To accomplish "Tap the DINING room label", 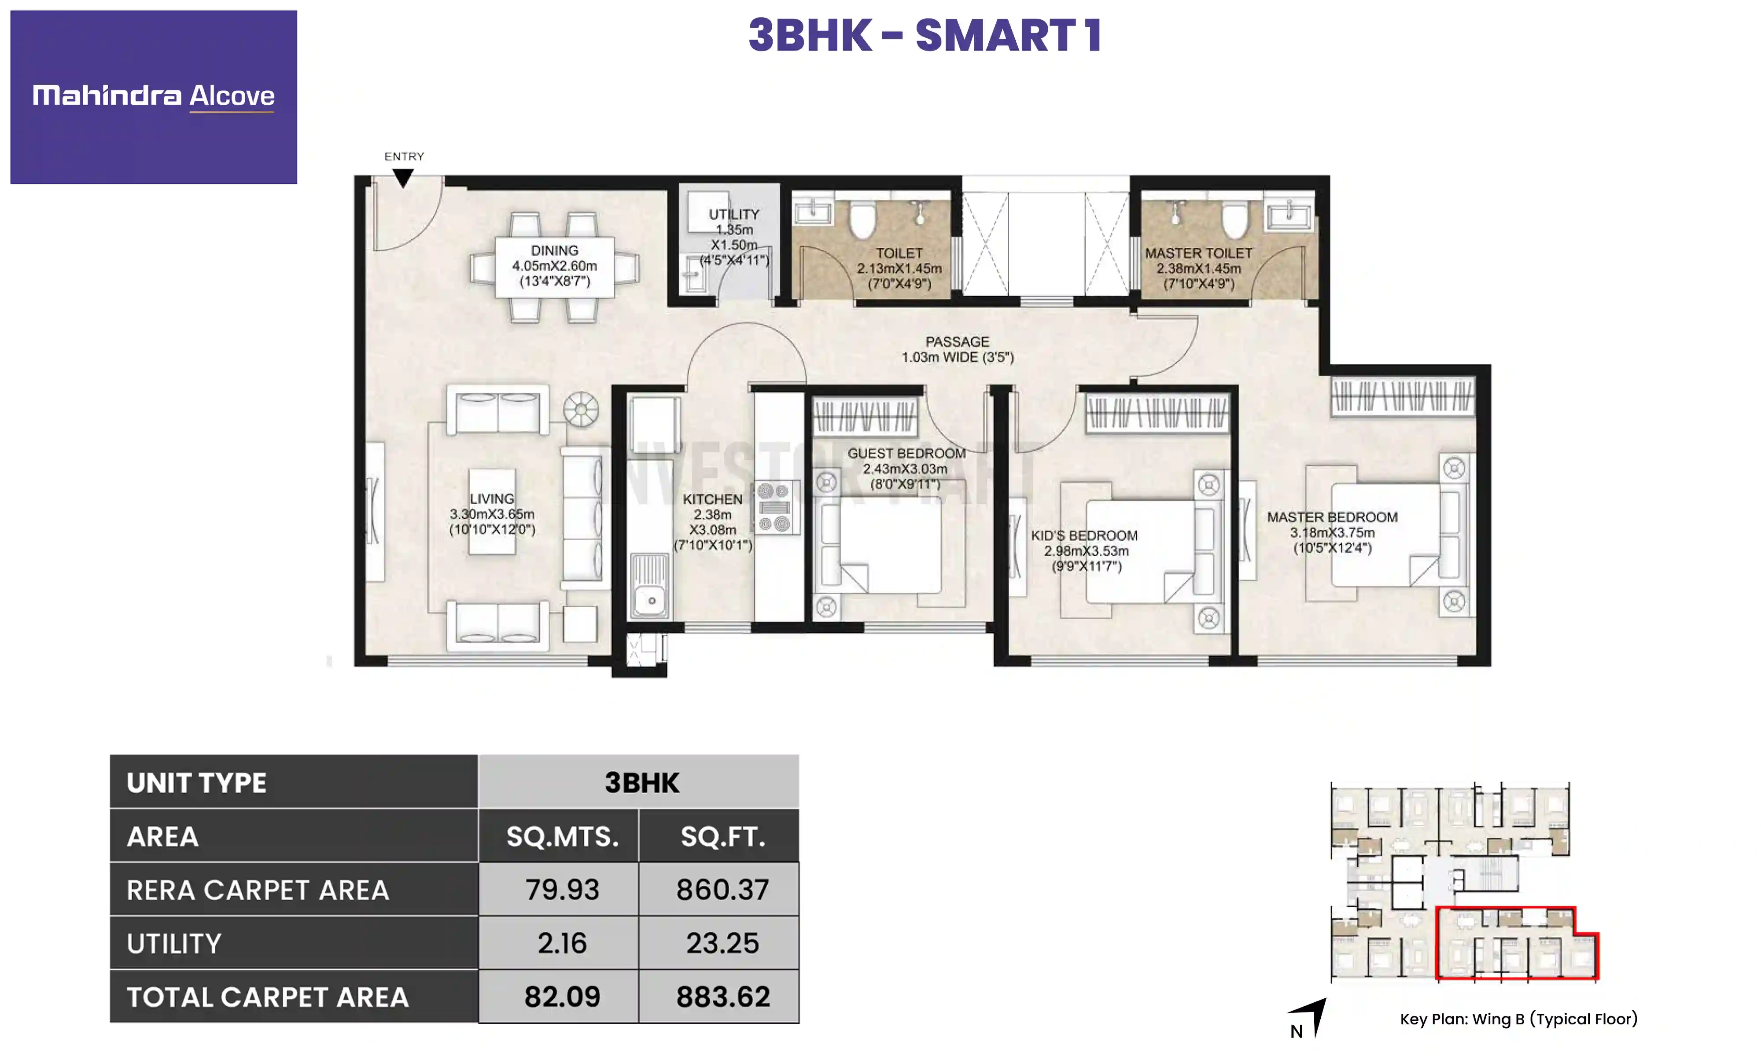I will point(554,265).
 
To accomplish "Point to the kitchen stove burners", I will point(774,507).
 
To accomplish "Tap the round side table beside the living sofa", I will point(581,410).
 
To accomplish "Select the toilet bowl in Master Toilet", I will point(1234,218).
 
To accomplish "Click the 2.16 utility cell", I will point(562,943).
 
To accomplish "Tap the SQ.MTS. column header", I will point(562,836).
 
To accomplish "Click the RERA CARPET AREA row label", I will point(258,890).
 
